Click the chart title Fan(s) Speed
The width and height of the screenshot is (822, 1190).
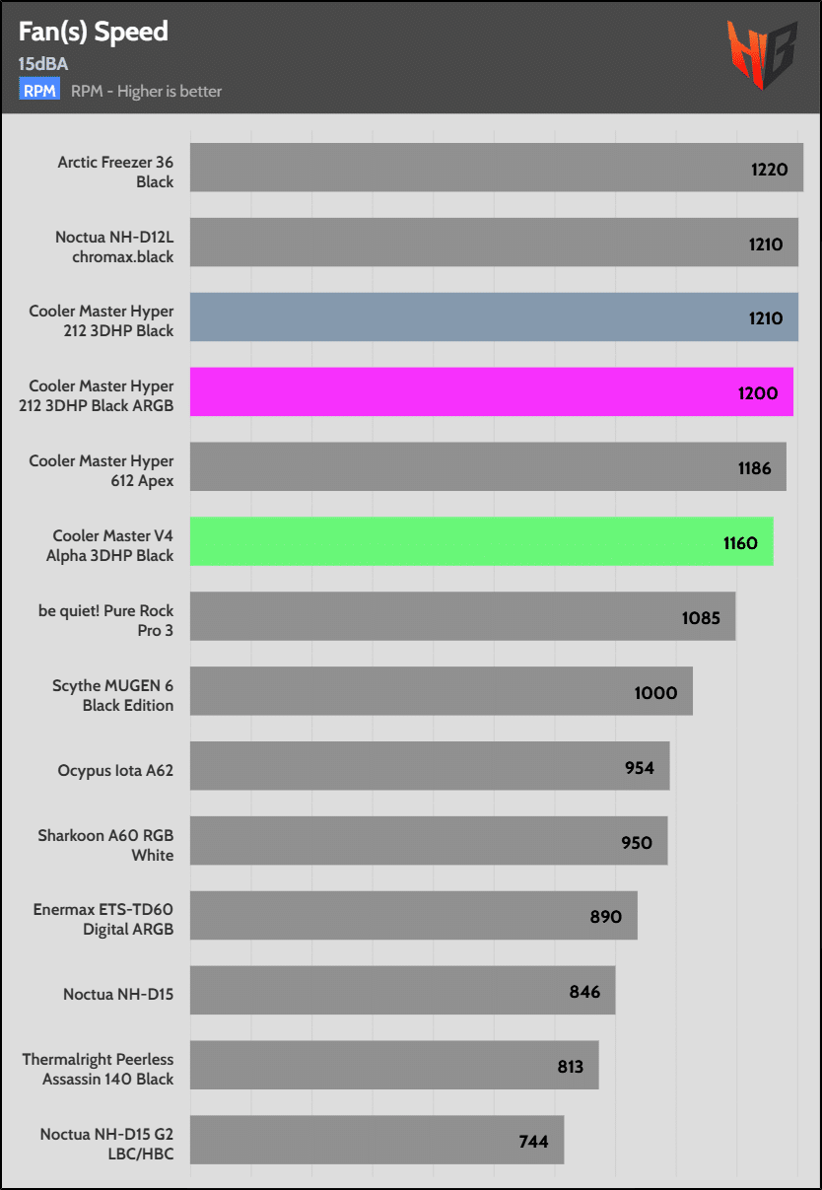click(93, 32)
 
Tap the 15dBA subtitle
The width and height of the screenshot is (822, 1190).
click(42, 64)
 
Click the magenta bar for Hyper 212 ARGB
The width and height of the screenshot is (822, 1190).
click(491, 392)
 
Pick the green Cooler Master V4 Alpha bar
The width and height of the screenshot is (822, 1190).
click(481, 541)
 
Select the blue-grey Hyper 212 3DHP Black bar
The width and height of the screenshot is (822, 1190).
click(494, 317)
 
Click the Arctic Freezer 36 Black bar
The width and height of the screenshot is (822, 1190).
click(496, 168)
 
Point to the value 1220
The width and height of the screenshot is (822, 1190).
click(769, 169)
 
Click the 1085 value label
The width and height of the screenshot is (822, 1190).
click(701, 618)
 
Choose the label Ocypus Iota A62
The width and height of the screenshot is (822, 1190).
click(115, 770)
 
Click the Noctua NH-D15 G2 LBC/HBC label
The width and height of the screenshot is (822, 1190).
click(106, 1144)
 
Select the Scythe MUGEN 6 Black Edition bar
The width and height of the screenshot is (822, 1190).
click(441, 691)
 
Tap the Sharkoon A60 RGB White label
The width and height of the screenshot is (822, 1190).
click(105, 845)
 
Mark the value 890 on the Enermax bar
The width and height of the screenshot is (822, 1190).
click(605, 917)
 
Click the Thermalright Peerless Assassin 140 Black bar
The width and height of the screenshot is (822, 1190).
click(394, 1065)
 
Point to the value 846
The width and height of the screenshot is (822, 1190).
click(584, 992)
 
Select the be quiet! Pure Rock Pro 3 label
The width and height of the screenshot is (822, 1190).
click(105, 620)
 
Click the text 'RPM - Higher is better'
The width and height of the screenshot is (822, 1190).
click(147, 91)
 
